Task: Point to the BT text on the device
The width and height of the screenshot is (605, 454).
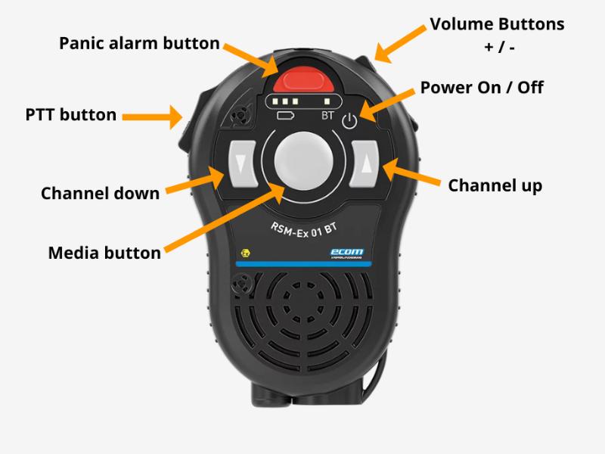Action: point(327,117)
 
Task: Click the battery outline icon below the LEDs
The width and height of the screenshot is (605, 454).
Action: point(286,116)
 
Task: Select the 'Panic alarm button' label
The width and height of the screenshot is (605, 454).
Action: point(139,43)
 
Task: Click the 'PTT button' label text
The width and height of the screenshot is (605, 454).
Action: point(71,115)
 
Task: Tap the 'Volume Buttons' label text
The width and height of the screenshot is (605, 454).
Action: point(497,24)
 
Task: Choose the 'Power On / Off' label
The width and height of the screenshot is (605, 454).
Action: point(482,87)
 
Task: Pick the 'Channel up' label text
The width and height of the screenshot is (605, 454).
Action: point(495,185)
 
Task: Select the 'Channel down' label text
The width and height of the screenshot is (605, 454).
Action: point(100,193)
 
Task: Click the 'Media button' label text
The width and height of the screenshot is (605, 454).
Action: point(104,253)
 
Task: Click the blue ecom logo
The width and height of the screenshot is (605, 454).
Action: point(348,253)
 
